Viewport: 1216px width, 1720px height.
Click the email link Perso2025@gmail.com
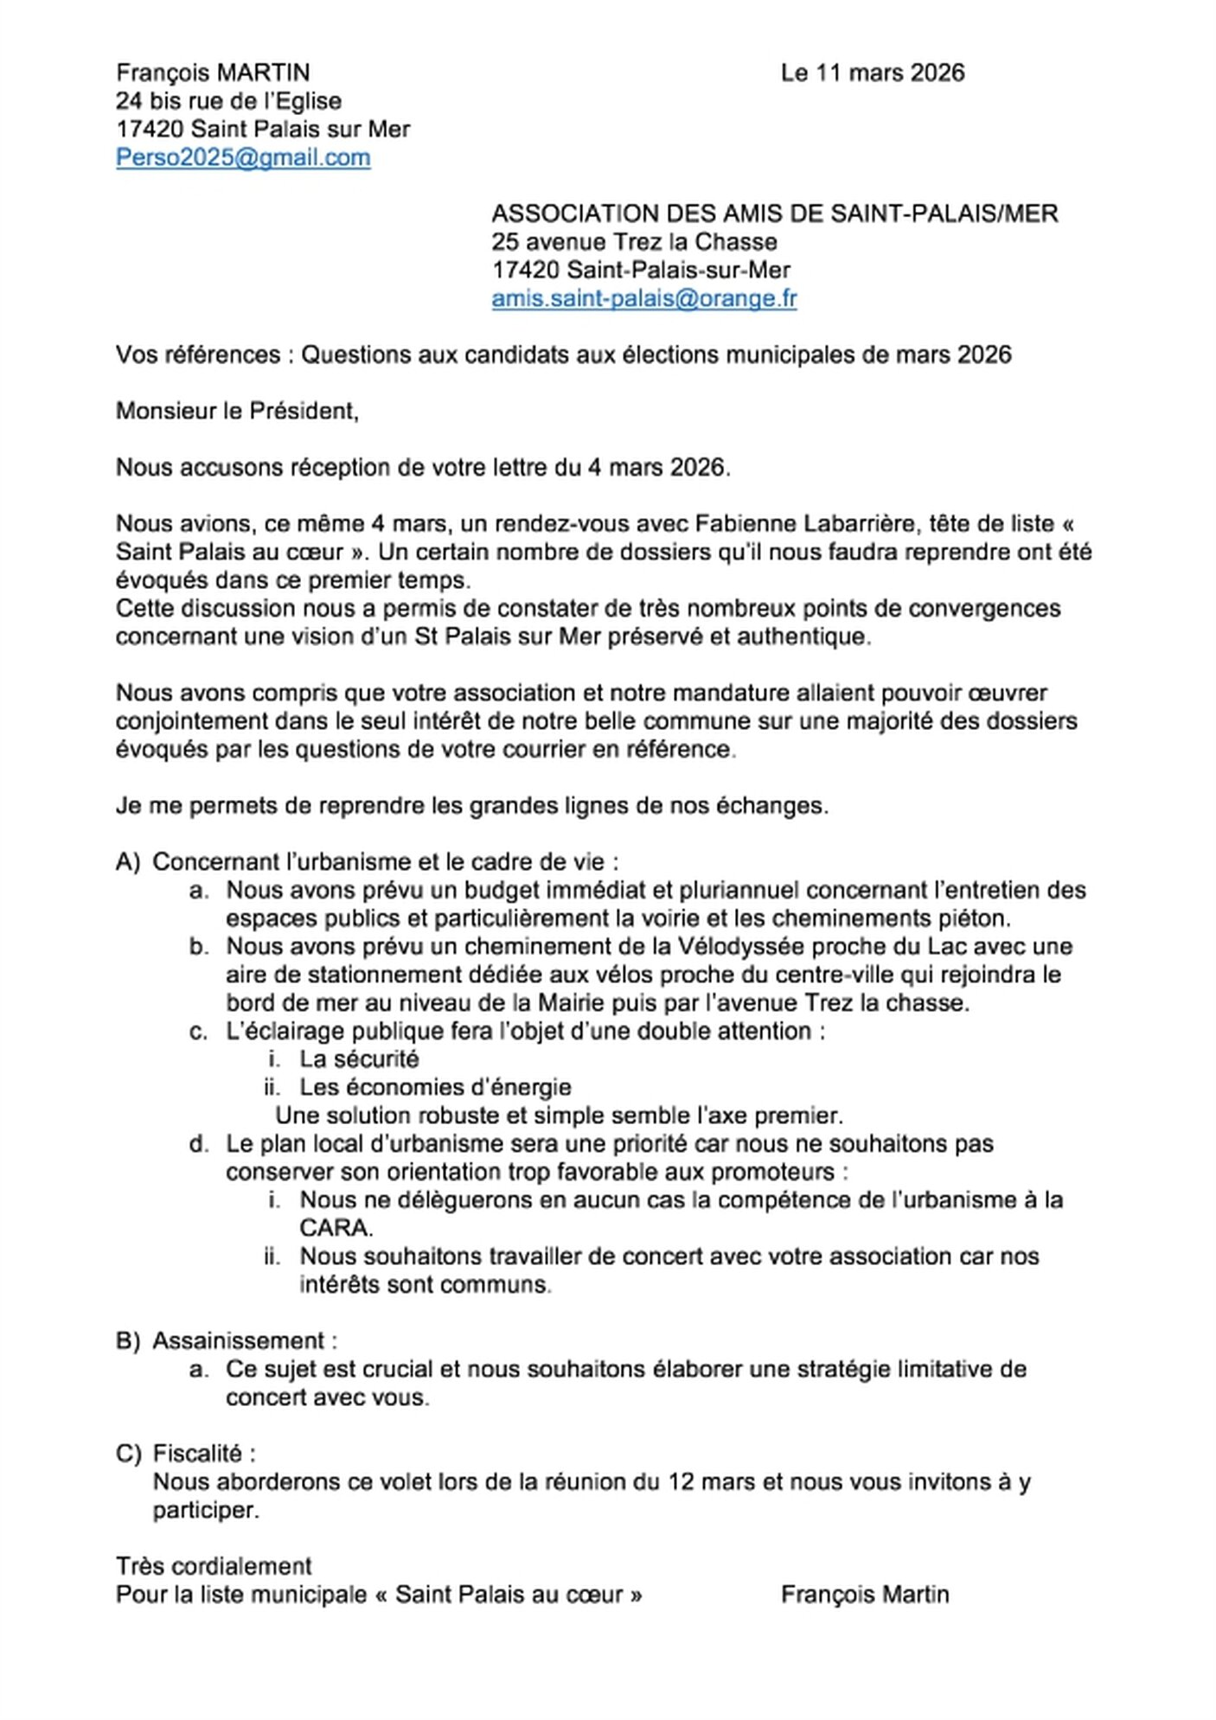(x=243, y=157)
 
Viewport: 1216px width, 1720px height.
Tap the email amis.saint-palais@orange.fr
(x=643, y=298)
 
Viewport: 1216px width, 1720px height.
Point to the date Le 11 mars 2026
(x=872, y=73)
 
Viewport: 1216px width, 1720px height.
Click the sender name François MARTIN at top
(x=213, y=73)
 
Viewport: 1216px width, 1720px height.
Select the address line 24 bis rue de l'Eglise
(x=228, y=101)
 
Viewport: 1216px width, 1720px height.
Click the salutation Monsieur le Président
(x=237, y=411)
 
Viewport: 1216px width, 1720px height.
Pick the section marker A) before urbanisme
(x=127, y=862)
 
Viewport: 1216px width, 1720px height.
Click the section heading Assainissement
(x=240, y=1341)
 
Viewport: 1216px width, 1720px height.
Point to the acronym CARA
(x=336, y=1228)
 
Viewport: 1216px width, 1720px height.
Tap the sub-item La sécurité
(x=359, y=1059)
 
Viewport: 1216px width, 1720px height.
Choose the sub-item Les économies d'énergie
(x=435, y=1087)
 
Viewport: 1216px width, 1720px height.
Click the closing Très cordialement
(x=214, y=1566)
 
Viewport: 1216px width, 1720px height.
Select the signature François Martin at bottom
(x=864, y=1595)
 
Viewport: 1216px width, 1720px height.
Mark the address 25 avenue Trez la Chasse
(x=634, y=242)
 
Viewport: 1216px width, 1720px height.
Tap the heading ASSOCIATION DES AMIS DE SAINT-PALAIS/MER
(x=774, y=214)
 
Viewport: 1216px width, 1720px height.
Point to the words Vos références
(x=198, y=355)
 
